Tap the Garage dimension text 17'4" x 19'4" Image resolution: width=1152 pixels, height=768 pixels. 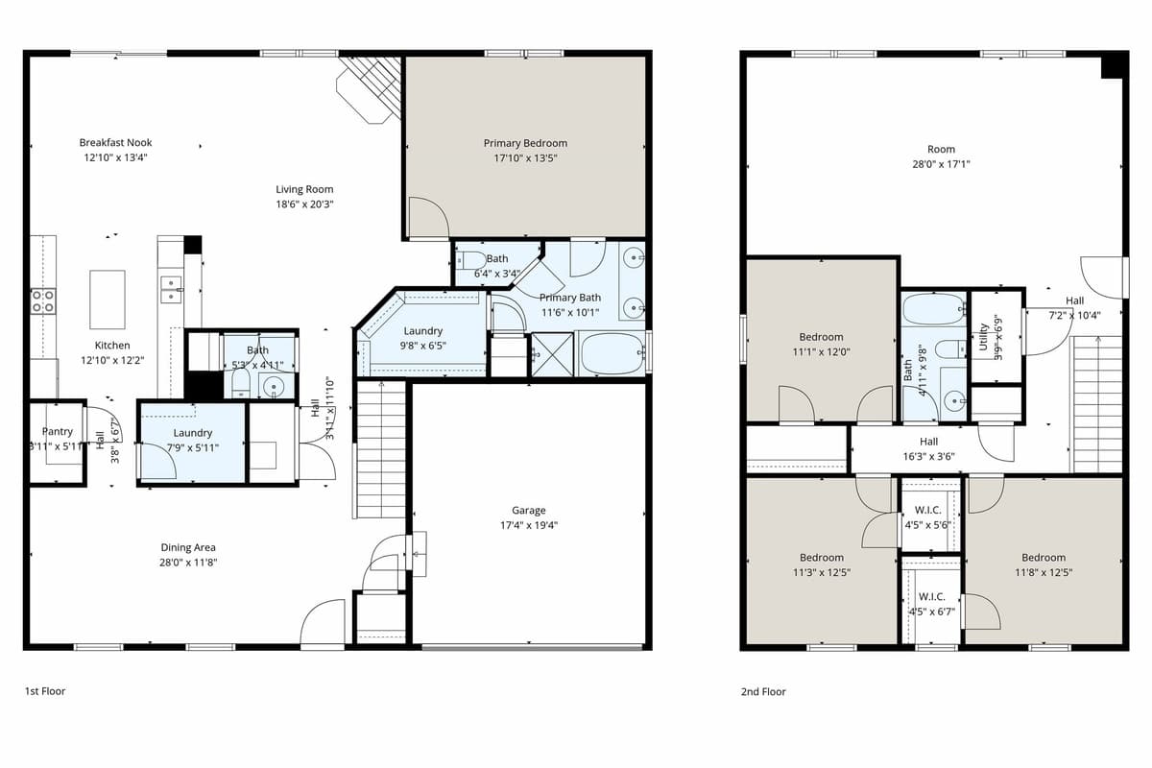pos(528,525)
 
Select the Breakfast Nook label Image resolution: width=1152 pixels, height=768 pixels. pos(115,143)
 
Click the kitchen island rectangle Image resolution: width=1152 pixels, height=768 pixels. pos(107,287)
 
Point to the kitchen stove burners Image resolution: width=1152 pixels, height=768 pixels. pos(43,300)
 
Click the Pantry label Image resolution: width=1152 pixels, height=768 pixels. pos(58,432)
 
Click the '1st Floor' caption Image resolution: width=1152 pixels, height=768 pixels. pos(45,690)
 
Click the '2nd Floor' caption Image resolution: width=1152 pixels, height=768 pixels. pos(763,691)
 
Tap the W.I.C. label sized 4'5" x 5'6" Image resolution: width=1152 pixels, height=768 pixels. pos(927,510)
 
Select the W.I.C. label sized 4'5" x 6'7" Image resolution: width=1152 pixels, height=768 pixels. pos(931,596)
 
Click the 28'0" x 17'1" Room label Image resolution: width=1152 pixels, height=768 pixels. pos(941,149)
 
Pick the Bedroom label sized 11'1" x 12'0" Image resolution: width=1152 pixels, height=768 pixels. pos(821,337)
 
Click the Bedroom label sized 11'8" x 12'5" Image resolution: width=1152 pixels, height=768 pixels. pos(1043,558)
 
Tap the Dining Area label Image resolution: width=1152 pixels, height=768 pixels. pos(188,547)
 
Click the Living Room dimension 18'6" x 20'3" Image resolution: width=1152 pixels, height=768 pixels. pos(304,204)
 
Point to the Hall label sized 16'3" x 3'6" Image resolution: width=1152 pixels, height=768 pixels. pos(928,442)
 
